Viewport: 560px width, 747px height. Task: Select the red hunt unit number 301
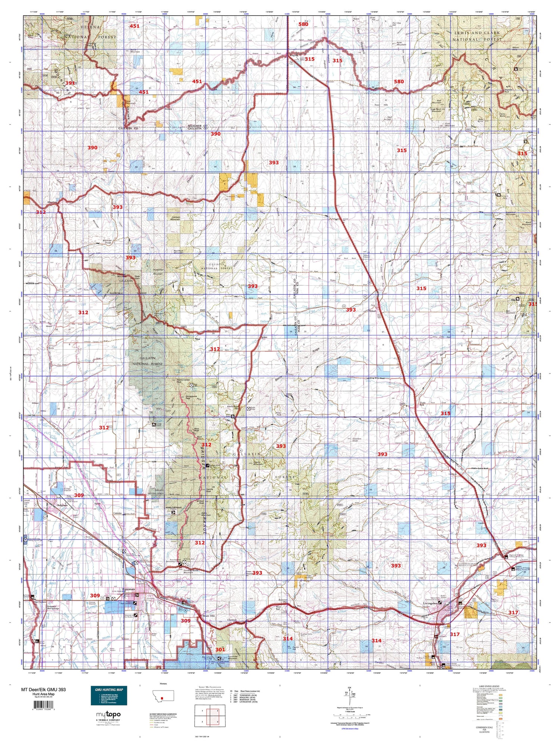click(x=221, y=649)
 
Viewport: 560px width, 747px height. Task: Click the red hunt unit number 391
click(x=70, y=83)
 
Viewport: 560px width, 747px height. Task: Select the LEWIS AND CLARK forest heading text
click(x=477, y=33)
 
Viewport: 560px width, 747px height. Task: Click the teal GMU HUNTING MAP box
click(x=109, y=695)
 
